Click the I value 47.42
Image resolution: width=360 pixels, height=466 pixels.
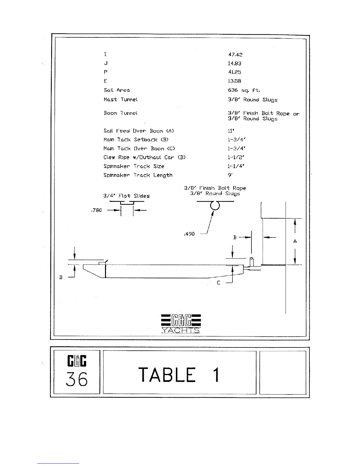click(235, 54)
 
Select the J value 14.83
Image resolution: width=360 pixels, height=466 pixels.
click(234, 63)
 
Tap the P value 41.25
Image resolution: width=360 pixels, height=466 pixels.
click(234, 72)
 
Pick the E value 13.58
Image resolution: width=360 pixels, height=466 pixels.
click(234, 81)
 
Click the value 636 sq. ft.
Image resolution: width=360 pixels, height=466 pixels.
click(244, 90)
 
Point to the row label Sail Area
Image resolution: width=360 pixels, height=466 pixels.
click(116, 90)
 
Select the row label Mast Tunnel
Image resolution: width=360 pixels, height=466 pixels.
click(121, 99)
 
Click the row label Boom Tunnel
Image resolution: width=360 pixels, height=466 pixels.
click(121, 113)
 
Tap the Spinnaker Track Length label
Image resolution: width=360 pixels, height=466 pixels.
click(138, 175)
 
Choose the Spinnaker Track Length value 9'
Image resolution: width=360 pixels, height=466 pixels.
click(230, 175)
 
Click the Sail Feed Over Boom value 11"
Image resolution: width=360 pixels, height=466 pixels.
click(231, 131)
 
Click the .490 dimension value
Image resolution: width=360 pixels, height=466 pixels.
click(189, 234)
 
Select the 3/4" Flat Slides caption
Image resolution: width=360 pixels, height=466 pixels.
click(126, 196)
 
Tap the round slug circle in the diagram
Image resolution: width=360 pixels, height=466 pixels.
click(215, 205)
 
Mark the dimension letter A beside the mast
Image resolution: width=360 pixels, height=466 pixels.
click(295, 241)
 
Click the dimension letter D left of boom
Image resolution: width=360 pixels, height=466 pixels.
click(61, 277)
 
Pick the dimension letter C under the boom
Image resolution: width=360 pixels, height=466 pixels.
click(219, 283)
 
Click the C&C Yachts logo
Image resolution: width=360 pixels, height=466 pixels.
click(181, 324)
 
